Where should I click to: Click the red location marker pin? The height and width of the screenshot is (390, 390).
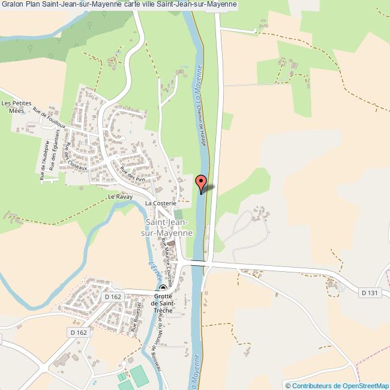click(202, 182)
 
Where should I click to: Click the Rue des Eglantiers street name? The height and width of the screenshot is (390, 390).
click(55, 154)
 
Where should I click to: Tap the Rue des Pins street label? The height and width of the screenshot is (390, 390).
click(133, 174)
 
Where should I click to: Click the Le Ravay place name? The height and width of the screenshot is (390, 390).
click(119, 196)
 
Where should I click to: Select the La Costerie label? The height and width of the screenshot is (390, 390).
click(160, 203)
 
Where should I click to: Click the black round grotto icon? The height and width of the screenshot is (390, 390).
click(163, 288)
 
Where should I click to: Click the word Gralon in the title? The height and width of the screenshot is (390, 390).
click(12, 5)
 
